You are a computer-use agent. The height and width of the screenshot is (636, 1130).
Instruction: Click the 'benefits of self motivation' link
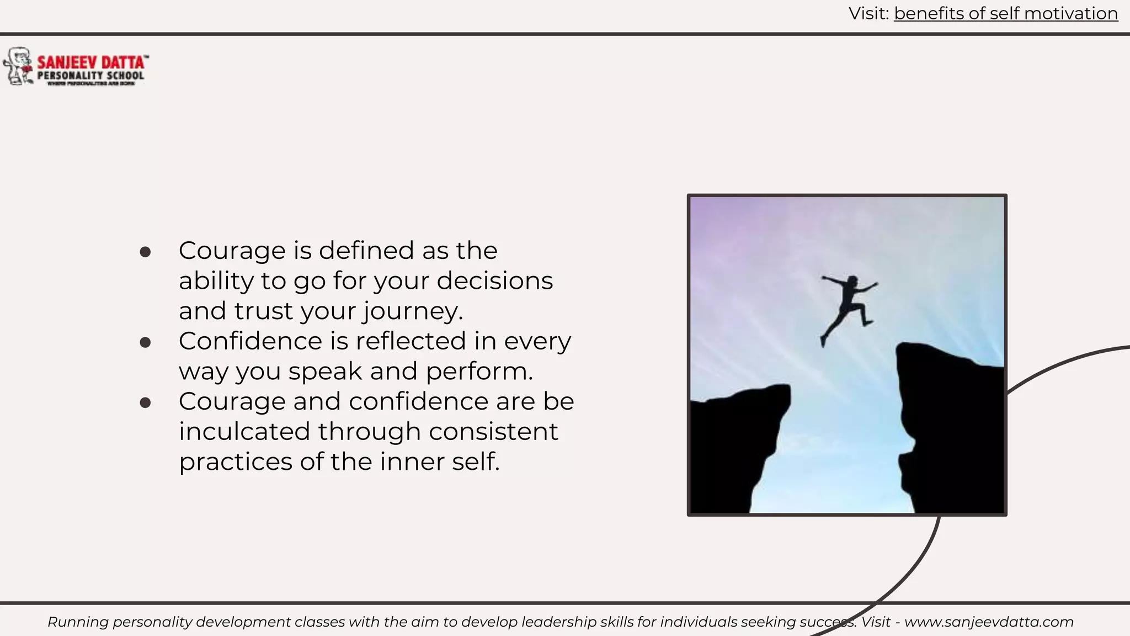pyautogui.click(x=1005, y=14)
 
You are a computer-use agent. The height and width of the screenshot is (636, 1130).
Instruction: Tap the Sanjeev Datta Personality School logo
pyautogui.click(x=76, y=67)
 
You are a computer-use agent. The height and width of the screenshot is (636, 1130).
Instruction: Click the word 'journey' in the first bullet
pyautogui.click(x=411, y=311)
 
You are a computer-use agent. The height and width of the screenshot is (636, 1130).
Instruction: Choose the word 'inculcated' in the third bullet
pyautogui.click(x=244, y=431)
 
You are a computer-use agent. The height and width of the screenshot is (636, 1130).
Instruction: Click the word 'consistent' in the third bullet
pyautogui.click(x=493, y=431)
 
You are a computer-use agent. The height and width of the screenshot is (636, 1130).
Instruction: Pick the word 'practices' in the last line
pyautogui.click(x=234, y=462)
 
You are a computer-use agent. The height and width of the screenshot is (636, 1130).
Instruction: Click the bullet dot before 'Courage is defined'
pyautogui.click(x=146, y=252)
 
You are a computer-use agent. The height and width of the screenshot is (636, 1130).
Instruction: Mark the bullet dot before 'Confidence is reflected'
pyautogui.click(x=146, y=342)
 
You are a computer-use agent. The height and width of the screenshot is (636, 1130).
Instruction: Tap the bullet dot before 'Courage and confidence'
pyautogui.click(x=146, y=402)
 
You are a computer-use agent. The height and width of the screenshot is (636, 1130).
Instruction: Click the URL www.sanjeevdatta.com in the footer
pyautogui.click(x=989, y=622)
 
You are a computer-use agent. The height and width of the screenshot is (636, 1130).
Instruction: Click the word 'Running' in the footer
pyautogui.click(x=78, y=622)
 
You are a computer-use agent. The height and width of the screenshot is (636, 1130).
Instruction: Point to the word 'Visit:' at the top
pyautogui.click(x=868, y=14)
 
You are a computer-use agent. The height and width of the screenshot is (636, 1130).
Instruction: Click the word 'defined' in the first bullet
pyautogui.click(x=366, y=251)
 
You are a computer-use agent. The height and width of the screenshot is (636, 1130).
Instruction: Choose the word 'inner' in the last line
pyautogui.click(x=412, y=462)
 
